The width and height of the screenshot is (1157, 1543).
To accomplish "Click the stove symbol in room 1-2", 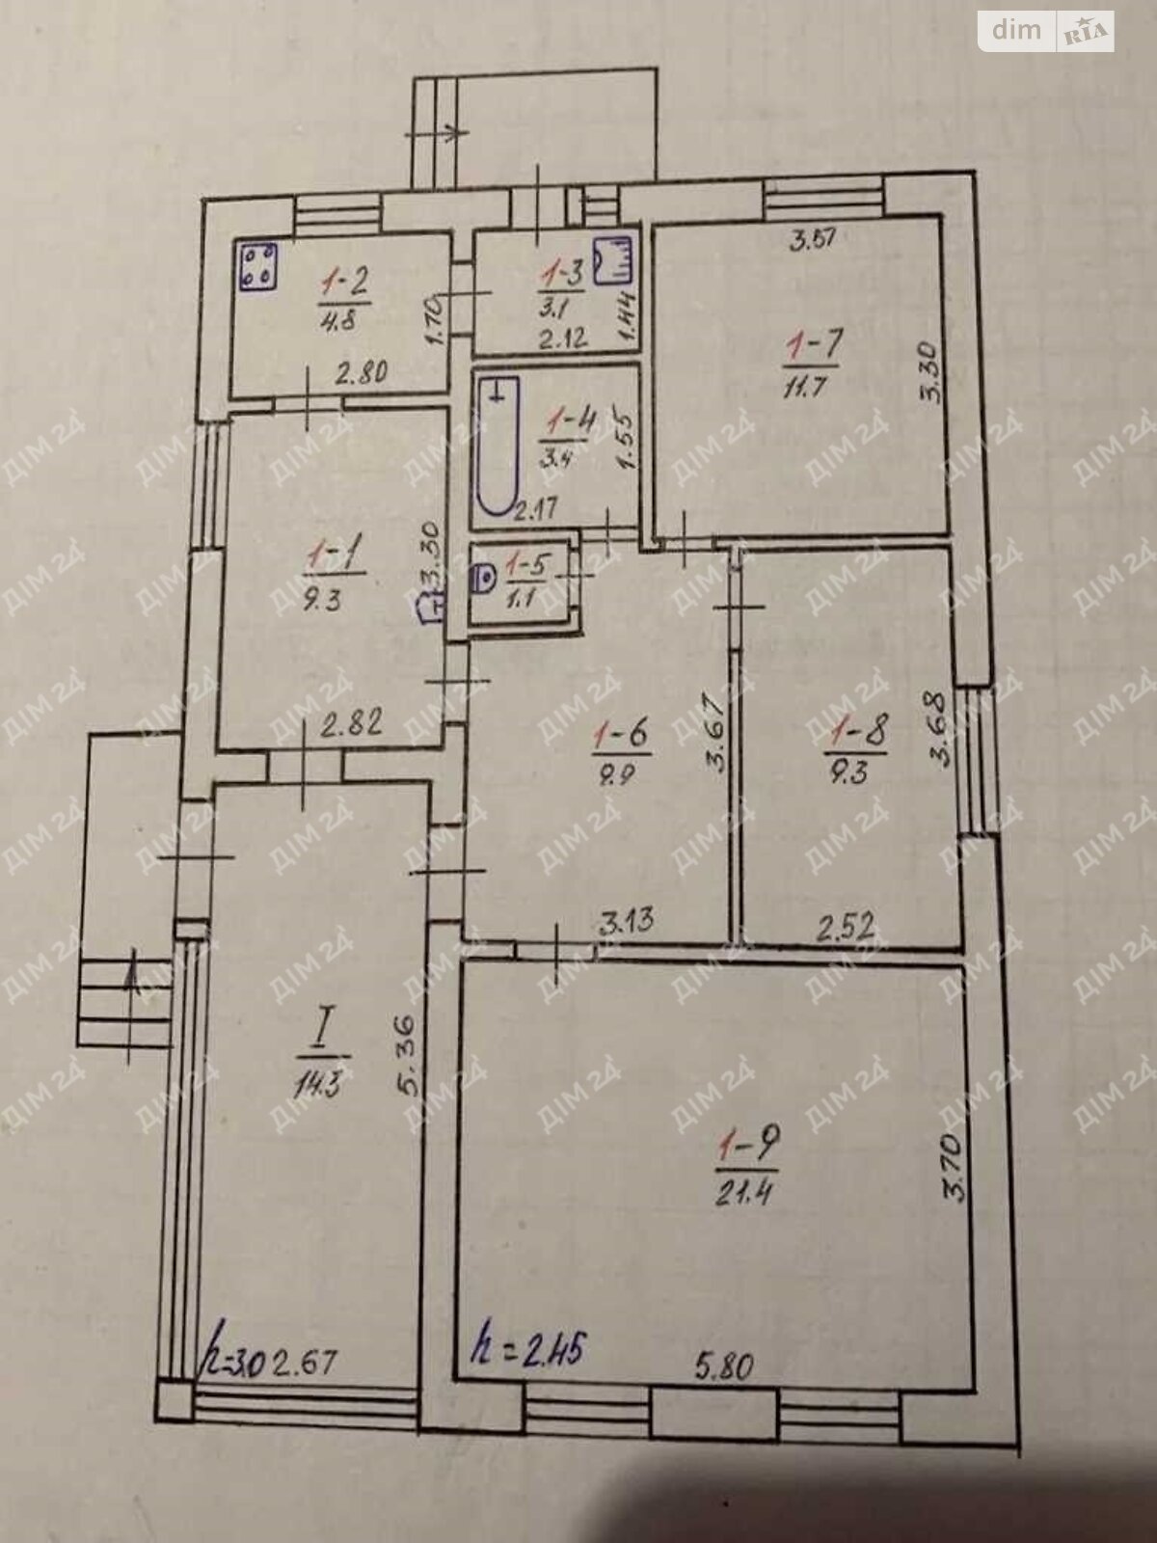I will [x=257, y=265].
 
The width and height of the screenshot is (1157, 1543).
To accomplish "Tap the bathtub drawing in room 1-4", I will [x=497, y=446].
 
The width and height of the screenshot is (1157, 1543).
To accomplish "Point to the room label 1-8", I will [x=857, y=732].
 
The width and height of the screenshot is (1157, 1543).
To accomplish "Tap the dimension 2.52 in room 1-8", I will [x=846, y=928].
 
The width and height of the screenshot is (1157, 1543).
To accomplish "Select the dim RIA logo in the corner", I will [x=1045, y=31].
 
